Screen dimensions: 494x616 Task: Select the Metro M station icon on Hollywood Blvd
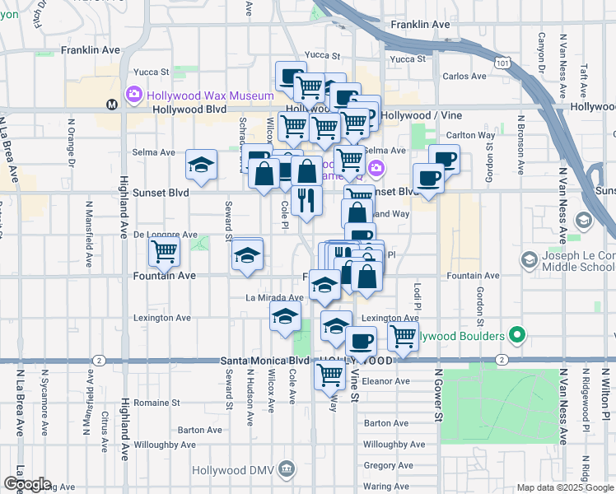112,105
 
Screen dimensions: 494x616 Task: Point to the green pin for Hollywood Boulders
516,336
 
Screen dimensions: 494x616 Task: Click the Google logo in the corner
26,484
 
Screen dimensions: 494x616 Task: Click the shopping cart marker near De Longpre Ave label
164,252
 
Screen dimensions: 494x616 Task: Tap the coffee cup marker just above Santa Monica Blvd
360,339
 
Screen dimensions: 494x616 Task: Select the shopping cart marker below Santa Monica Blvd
329,375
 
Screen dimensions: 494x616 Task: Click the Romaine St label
156,403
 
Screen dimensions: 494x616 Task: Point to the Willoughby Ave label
394,445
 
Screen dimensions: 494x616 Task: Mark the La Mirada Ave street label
275,298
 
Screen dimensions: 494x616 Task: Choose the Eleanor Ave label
386,382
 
